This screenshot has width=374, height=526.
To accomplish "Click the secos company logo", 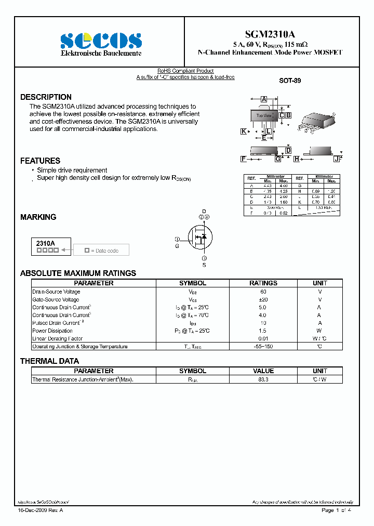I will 101,41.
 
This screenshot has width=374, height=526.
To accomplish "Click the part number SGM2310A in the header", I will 270,32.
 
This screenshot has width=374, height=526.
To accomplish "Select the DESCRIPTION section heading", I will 46,97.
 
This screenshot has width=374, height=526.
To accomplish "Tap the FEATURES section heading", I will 40,161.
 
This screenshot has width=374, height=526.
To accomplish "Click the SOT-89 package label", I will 290,81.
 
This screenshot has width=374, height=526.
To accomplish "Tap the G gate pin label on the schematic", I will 177,246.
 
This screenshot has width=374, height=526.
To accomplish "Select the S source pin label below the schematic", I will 204,265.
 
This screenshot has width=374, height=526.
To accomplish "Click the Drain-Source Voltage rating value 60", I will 263,292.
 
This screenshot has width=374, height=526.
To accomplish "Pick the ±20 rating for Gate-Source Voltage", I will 263,299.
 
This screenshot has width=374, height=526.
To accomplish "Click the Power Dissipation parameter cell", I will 52,331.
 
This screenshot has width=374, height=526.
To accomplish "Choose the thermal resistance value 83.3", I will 263,379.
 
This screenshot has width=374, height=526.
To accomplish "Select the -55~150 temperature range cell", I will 263,346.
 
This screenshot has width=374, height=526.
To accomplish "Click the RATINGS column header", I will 263,283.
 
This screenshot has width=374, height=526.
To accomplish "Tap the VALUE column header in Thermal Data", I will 263,371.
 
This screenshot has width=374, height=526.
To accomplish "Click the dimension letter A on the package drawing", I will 264,99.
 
